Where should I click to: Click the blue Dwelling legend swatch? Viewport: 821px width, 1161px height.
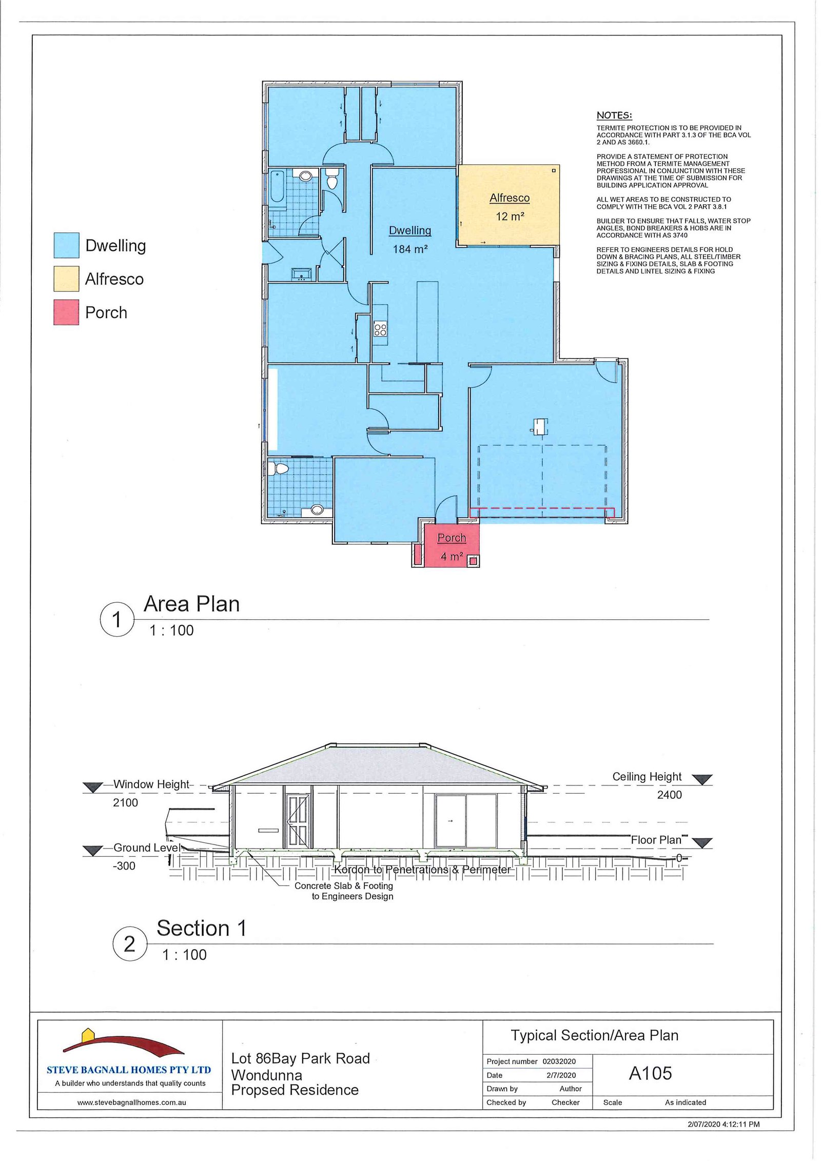66,245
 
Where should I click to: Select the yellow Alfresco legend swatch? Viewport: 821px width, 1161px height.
66,279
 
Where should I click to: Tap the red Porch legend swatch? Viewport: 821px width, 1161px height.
66,312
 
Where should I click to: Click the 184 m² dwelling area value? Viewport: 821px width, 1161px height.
410,249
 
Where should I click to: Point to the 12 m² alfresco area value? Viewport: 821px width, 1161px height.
510,217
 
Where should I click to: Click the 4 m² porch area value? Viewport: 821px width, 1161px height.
452,556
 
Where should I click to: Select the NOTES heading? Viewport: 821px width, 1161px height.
614,115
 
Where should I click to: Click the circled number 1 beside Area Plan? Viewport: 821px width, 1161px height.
116,619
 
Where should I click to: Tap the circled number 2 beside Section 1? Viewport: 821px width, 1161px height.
130,943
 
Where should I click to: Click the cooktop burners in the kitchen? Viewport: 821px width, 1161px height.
380,329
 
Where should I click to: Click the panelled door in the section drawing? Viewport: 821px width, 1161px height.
298,821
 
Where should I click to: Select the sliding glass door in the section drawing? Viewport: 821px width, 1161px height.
466,821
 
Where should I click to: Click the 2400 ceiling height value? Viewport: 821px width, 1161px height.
670,795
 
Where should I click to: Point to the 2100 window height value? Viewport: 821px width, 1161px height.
125,802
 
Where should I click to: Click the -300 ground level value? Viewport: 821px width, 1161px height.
124,866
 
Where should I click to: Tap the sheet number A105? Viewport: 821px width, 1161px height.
650,1073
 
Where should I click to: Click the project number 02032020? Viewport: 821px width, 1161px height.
559,1061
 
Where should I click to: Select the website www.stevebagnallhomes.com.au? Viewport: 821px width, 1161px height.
132,1102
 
